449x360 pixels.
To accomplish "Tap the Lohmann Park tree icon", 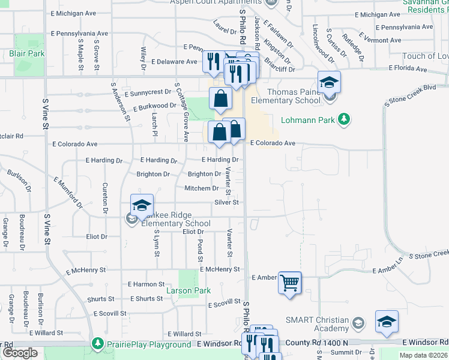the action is (x=344, y=120).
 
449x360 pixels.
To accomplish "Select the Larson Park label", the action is (x=188, y=291).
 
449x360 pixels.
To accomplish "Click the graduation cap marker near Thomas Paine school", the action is (x=329, y=82).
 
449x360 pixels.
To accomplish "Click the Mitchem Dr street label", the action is (x=202, y=188).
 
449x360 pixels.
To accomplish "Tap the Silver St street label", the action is (x=226, y=203).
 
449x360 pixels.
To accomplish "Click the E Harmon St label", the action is (x=146, y=284).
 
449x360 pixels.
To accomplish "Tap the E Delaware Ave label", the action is (x=174, y=62).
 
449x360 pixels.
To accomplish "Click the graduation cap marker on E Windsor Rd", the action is (x=387, y=322).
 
